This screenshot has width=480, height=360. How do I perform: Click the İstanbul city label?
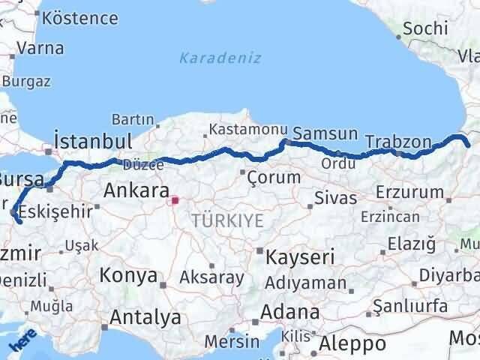pos(93,141)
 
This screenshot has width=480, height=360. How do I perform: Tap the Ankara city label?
pos(136,190)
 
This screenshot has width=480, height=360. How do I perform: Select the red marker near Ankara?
pos(175,200)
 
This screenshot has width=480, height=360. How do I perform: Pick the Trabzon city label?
pos(398,142)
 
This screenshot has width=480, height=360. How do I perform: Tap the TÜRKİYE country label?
pos(227,220)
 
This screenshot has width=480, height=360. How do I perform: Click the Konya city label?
pos(127,274)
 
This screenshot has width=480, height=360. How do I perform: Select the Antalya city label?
pos(145,317)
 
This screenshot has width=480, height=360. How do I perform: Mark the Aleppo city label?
pos(352,343)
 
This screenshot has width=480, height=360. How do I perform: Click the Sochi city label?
pos(425,28)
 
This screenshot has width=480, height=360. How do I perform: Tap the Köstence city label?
pos(80,18)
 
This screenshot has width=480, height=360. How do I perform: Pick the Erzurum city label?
pos(409,192)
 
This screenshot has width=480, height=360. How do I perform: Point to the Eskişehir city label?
pos(52,209)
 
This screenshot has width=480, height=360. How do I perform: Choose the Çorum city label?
pos(274,178)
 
